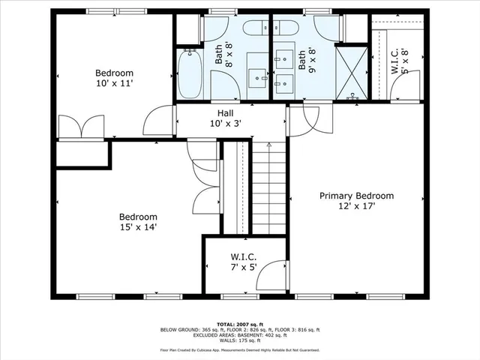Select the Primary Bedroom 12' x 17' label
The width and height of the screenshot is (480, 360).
click(356, 201)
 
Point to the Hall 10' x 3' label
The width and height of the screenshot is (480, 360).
click(225, 118)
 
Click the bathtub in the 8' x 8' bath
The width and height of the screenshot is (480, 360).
click(190, 73)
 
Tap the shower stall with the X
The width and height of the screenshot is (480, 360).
click(351, 73)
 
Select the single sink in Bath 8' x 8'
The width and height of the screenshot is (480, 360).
click(259, 76)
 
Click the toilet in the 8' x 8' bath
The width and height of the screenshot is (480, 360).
click(253, 28)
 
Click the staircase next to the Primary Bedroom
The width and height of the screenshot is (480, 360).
click(269, 187)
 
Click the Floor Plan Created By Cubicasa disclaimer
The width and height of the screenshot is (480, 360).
click(239, 349)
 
